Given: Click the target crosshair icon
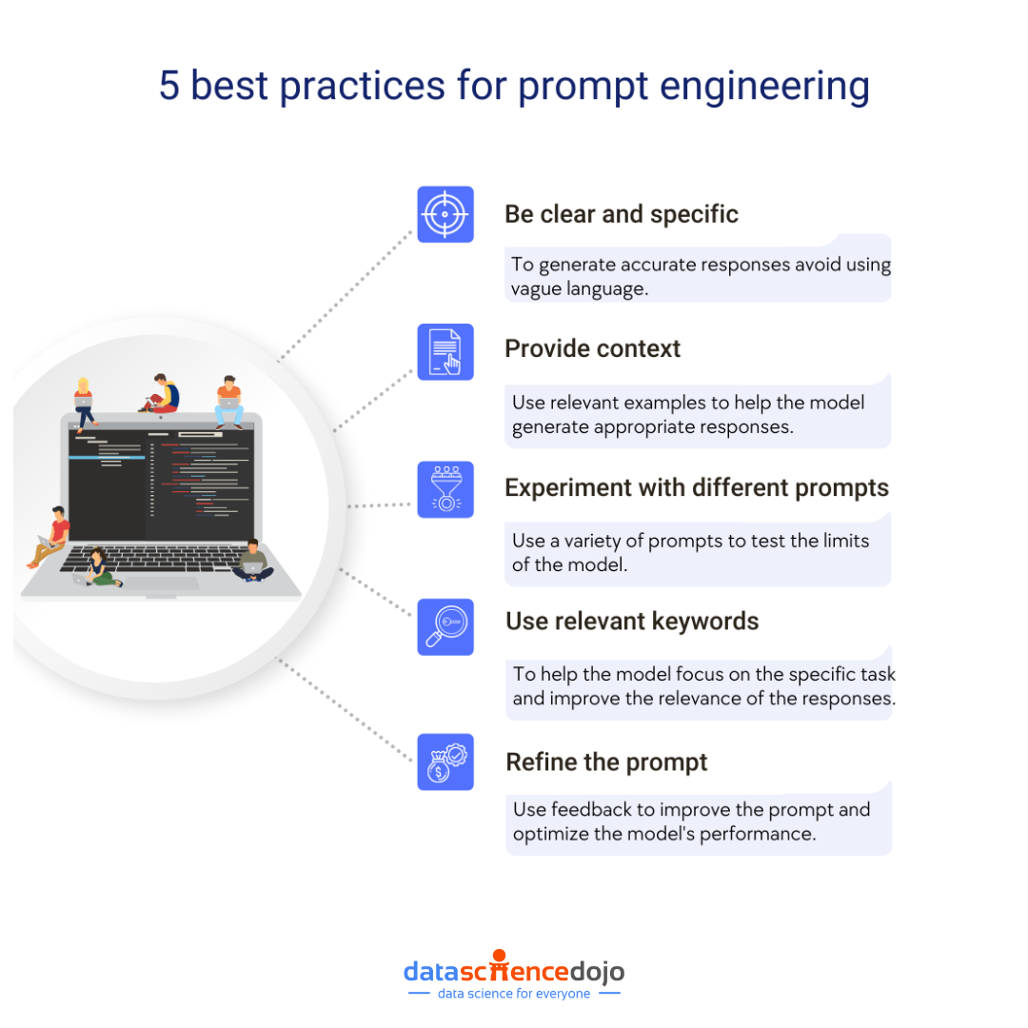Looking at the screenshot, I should [x=445, y=214].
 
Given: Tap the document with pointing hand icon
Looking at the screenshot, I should [x=445, y=351].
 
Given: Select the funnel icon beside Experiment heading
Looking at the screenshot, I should [x=445, y=489].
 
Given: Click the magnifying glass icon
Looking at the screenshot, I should [x=445, y=626].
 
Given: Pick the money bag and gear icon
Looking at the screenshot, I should [x=445, y=761].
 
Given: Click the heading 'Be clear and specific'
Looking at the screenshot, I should [x=622, y=214].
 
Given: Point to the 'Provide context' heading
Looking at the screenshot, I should [x=592, y=349].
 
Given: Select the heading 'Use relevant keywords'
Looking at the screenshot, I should [x=632, y=622].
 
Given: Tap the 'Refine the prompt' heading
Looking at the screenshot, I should [x=606, y=762].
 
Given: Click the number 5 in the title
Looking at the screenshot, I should [x=168, y=86].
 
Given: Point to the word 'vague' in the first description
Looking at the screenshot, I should [x=539, y=288].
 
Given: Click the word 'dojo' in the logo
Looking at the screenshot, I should [x=597, y=972].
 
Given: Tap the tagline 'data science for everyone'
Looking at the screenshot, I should [x=514, y=994].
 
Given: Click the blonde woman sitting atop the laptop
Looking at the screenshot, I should [x=84, y=401].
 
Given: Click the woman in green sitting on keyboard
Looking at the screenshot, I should [x=100, y=567].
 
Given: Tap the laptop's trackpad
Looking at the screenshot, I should [x=161, y=583].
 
